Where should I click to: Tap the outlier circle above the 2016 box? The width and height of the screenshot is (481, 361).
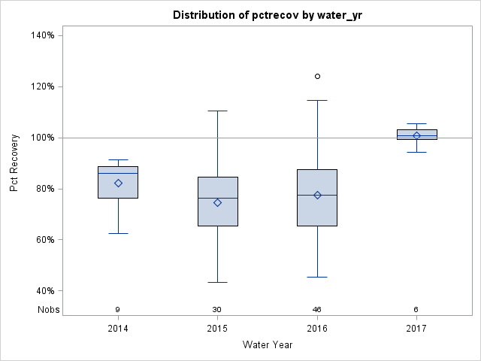[317, 76]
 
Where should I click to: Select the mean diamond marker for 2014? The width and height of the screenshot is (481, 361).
[118, 183]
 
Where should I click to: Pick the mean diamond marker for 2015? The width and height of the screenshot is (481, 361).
[218, 202]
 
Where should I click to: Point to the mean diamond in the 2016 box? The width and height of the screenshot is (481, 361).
[317, 195]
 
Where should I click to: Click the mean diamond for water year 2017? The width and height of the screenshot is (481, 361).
[416, 135]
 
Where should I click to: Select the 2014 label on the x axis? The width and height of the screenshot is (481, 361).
[118, 329]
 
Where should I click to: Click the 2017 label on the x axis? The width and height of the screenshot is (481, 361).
[416, 329]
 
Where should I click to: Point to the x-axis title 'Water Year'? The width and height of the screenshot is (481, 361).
[267, 345]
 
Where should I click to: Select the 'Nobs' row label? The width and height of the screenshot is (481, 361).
[48, 309]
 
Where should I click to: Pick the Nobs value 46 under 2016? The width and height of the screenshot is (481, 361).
[317, 309]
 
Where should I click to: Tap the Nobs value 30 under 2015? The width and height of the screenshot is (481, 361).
[218, 309]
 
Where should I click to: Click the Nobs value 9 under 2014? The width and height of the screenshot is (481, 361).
[118, 309]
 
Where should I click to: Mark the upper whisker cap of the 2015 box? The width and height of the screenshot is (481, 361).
[218, 111]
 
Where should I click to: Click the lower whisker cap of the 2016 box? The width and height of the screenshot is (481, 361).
[317, 277]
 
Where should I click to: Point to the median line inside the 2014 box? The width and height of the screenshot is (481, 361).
[118, 173]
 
